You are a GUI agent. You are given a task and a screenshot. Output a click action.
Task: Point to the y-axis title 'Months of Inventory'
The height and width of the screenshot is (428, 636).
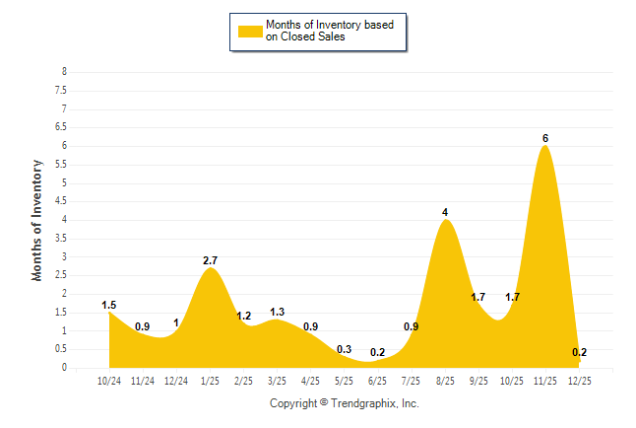pos(38,220)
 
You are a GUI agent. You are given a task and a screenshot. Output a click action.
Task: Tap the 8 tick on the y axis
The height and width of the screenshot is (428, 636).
pos(64,72)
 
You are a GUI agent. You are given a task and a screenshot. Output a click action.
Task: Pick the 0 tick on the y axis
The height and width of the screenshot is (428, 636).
pos(64,368)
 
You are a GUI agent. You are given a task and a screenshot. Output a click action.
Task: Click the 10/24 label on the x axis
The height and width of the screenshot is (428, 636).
pos(109,381)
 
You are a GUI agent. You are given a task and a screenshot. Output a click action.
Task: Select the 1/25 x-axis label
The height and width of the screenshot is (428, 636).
pos(210,381)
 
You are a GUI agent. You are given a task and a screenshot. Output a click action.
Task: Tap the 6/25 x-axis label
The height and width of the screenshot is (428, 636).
pos(377,381)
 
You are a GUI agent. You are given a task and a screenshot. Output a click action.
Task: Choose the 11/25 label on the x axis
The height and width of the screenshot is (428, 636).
pos(544,381)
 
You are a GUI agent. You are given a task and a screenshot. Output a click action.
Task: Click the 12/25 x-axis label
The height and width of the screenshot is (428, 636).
pos(578,381)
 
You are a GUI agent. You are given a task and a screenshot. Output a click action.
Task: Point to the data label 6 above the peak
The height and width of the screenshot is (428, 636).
pos(544,138)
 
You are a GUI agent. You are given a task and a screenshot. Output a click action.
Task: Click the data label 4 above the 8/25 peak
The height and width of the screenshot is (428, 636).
pos(445,212)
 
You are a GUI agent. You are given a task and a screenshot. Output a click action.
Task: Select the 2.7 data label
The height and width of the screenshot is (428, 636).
pos(210,260)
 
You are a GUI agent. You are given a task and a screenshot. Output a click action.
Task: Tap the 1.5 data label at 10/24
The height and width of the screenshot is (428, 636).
pos(109,305)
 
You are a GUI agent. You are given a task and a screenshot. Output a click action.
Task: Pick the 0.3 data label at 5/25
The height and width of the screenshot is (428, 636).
pos(344,349)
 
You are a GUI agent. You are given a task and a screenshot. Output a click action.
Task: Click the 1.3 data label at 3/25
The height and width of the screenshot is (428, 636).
pos(277,312)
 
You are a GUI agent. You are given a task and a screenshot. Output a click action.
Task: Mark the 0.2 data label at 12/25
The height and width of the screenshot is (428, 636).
pos(579,352)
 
